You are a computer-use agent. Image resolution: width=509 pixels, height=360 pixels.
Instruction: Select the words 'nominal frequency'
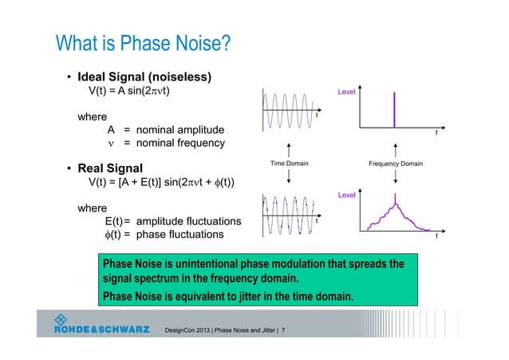coord(180,143)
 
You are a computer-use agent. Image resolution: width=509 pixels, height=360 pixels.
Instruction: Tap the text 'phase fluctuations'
coord(180,235)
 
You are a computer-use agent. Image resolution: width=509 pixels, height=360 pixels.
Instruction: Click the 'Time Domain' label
coord(289,164)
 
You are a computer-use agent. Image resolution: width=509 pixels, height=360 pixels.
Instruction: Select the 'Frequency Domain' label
coord(396,164)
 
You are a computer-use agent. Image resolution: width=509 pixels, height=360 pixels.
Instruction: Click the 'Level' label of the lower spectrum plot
coord(346,194)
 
